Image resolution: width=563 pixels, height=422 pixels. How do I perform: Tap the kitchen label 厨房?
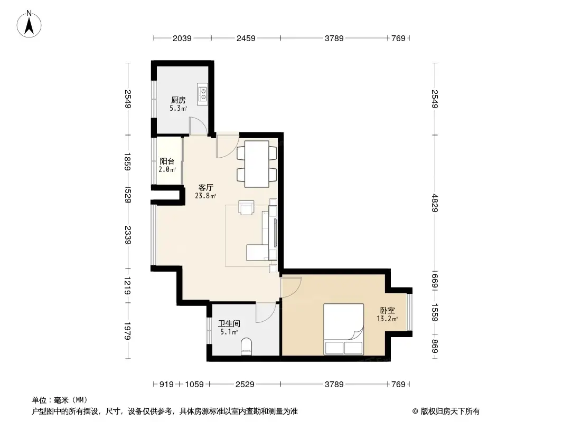tap(178, 100)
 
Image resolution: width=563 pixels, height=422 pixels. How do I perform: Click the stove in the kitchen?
tap(203, 94)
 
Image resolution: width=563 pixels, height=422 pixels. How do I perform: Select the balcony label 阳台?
tap(167, 161)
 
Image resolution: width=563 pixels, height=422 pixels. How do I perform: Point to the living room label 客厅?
tap(205, 187)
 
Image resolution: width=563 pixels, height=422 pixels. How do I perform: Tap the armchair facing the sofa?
tap(246, 207)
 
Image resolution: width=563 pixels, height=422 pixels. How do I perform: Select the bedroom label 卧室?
tap(387, 311)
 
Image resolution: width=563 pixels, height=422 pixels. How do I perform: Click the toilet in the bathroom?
tap(247, 347)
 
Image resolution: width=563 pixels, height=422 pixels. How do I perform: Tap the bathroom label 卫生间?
tap(229, 323)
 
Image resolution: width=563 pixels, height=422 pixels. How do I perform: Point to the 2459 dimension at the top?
tap(246, 38)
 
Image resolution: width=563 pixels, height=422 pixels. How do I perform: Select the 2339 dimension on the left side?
tap(127, 234)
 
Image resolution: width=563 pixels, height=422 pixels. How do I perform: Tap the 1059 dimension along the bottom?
tap(194, 385)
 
